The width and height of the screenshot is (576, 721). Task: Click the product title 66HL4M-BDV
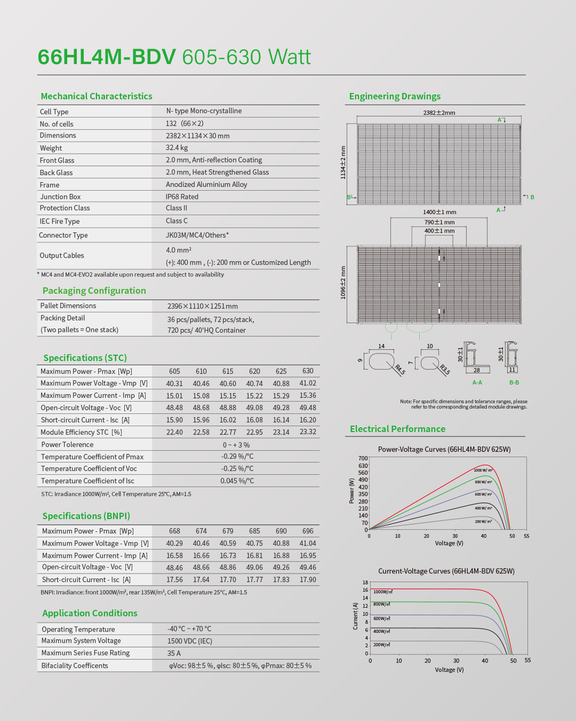pos(107,57)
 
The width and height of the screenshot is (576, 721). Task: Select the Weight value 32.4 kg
pos(177,148)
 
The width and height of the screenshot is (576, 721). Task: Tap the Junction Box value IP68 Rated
pos(182,197)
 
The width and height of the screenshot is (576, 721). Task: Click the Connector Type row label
pos(63,235)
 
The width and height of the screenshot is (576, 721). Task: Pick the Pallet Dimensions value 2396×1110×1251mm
pos(203,306)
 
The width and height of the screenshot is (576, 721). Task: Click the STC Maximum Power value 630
pos(308,371)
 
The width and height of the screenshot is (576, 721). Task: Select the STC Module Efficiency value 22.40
pos(174,432)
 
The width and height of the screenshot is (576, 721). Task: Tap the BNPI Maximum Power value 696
pos(308,531)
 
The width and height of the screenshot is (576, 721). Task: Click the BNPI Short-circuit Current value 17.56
pos(174,580)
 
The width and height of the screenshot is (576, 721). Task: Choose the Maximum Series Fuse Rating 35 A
pos(174,653)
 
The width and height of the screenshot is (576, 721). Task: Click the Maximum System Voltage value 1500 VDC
pos(189,641)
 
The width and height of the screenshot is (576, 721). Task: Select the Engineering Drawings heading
pos(395,96)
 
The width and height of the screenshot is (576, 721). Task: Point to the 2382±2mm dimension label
pos(439,113)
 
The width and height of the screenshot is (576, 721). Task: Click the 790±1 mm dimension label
pos(439,222)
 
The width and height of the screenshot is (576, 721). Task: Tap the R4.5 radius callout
pos(399,369)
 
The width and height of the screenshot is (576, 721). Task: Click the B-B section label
pos(514,382)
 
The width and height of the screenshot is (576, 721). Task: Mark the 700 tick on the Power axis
pos(363,458)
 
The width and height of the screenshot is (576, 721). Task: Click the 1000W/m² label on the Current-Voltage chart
pos(383,592)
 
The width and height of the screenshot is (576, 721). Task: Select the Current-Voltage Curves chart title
pos(446,571)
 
